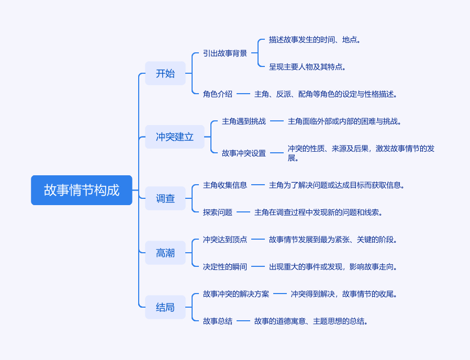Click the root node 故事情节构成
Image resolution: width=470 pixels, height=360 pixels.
pos(82,190)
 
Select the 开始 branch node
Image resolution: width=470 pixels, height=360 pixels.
pos(165,73)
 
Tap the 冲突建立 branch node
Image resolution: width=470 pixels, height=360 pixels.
pos(175,137)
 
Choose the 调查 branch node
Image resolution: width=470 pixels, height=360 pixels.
pos(165,198)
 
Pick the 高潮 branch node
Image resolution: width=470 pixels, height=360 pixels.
pos(165,253)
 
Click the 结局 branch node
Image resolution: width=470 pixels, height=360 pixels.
pos(165,307)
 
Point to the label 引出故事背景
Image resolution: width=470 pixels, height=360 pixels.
pos(225,53)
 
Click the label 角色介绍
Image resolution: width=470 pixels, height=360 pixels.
pos(218,94)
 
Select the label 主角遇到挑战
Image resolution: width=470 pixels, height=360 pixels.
pos(244,121)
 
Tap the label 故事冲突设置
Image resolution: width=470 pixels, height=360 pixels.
pos(244,153)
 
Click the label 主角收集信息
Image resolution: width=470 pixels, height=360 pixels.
pos(225,185)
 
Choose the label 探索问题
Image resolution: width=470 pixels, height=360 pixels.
pos(218,212)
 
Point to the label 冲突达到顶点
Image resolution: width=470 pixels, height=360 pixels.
pos(225,240)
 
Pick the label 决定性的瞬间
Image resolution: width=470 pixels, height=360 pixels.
pos(225,267)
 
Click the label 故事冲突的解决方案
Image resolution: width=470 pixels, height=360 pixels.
pos(236,294)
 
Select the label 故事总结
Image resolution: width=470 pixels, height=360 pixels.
pos(218,321)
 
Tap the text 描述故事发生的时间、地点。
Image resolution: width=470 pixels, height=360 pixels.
pos(315,40)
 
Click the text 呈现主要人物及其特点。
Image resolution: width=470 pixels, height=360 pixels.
pos(308,67)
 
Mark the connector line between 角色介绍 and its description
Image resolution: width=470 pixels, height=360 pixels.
pos(243,94)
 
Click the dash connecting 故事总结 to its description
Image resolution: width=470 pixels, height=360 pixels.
pos(243,321)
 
